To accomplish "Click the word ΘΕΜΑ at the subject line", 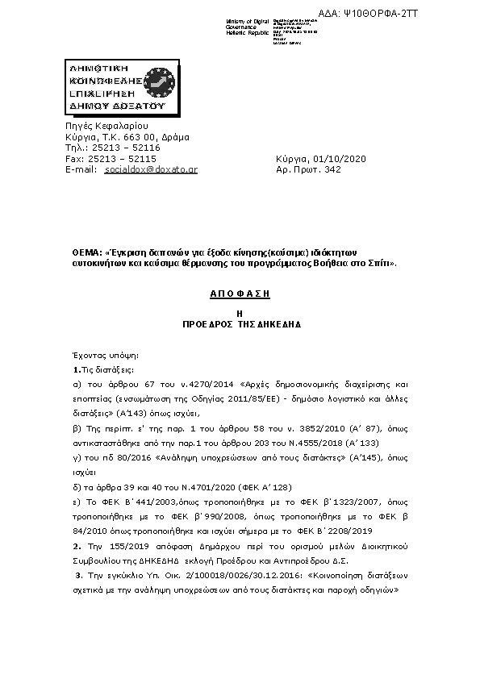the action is point(86,252).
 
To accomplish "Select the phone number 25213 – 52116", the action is point(123,148).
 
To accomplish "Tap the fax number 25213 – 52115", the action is point(121,159).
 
